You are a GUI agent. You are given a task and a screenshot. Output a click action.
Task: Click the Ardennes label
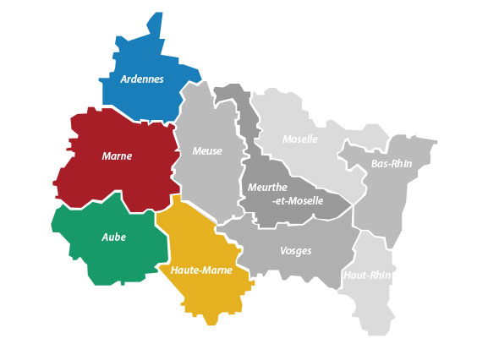click(142, 79)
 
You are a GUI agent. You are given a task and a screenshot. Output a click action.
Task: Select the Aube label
click(113, 237)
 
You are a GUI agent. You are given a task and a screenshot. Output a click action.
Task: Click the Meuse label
click(207, 151)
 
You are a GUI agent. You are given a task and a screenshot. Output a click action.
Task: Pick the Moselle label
click(300, 139)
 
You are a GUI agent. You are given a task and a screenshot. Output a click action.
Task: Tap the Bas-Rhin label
click(392, 164)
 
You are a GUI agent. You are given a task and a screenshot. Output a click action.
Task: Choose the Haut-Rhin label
click(368, 275)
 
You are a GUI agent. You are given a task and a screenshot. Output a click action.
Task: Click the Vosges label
click(295, 251)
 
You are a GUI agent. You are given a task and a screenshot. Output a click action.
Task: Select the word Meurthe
click(268, 187)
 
